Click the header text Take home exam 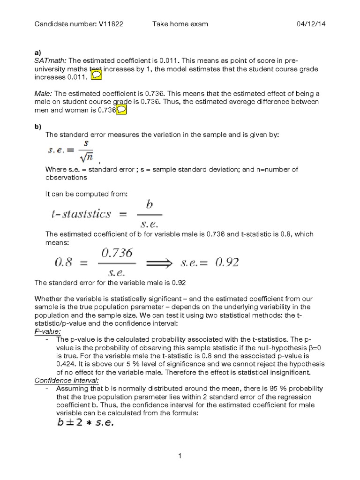pos(180,24)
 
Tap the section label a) pos(38,53)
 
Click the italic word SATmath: pos(51,61)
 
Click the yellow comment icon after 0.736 pos(120,110)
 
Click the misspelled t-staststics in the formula pos(81,214)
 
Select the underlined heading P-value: pos(48,330)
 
